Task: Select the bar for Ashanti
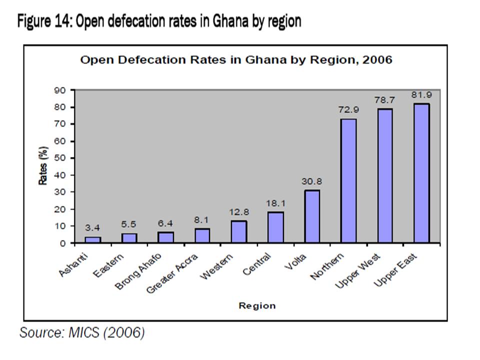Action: tap(92, 240)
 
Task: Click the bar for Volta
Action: tap(311, 216)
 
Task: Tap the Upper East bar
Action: tap(421, 173)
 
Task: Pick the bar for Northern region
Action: tap(348, 180)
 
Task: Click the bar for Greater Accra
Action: tap(202, 236)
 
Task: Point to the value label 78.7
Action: tap(385, 100)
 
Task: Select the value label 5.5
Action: tap(129, 225)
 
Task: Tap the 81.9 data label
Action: tap(421, 94)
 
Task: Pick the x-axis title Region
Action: tap(257, 305)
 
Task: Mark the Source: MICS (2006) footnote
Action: tap(82, 332)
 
